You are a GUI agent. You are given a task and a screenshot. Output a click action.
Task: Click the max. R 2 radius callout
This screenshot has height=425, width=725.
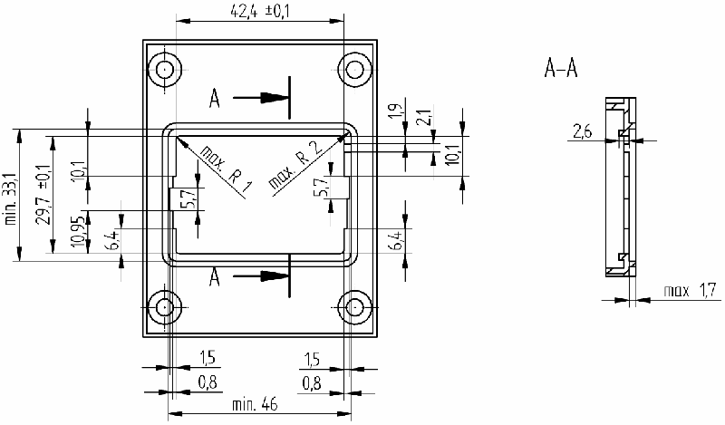tap(295, 168)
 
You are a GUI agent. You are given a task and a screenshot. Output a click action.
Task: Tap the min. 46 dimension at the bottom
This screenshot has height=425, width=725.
tap(258, 404)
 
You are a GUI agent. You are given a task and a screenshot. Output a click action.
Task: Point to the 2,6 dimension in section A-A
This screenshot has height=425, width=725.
tap(581, 133)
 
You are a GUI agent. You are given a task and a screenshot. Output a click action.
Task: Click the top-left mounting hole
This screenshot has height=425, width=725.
tap(165, 68)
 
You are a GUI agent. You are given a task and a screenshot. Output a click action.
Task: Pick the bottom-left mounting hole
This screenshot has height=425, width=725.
tap(165, 307)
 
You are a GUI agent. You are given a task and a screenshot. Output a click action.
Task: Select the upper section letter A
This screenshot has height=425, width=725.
tap(215, 97)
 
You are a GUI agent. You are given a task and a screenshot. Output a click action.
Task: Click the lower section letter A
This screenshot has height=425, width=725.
tap(215, 276)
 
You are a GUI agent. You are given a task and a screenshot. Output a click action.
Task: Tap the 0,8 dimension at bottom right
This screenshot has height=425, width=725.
tap(311, 382)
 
